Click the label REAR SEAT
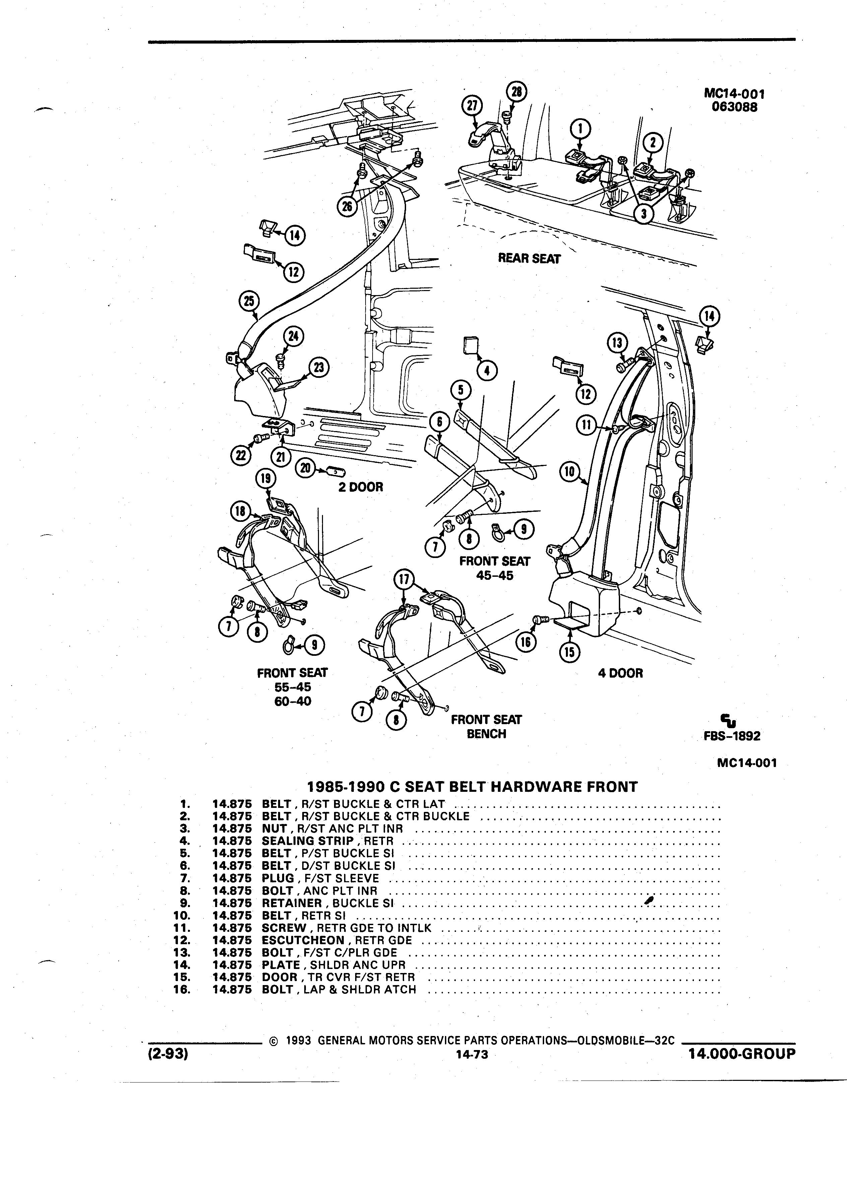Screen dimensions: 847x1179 [x=529, y=258]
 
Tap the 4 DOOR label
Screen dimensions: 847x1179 [x=620, y=673]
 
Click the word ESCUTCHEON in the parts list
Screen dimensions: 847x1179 [x=303, y=941]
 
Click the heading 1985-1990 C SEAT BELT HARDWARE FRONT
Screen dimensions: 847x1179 [x=472, y=786]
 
